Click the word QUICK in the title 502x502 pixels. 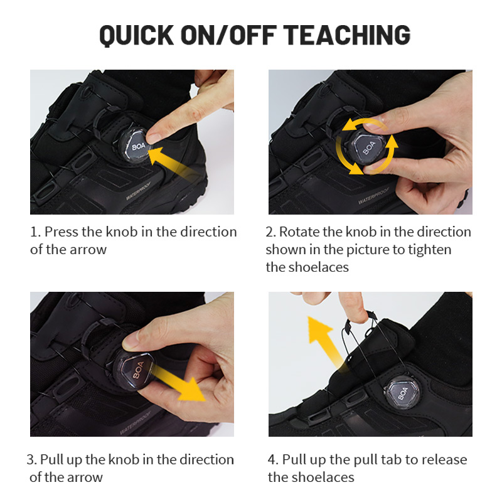(137, 35)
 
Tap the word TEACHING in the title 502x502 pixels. (347, 35)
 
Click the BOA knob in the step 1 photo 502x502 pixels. (135, 146)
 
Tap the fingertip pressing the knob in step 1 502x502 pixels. (154, 136)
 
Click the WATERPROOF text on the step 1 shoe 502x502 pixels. (139, 191)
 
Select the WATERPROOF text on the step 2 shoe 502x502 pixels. (374, 195)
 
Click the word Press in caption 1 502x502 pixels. (61, 232)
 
